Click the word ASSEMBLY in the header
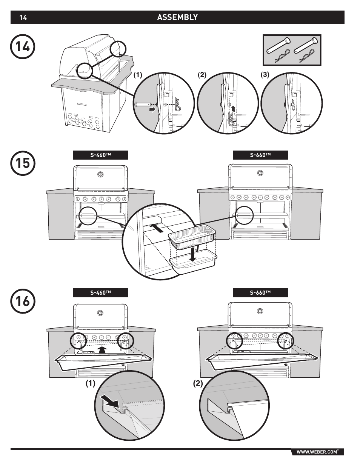click(177, 17)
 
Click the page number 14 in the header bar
click(23, 18)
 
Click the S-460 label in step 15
click(100, 155)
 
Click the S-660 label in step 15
click(260, 155)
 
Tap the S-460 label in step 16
click(100, 293)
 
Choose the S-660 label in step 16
click(260, 293)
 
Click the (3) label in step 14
click(265, 75)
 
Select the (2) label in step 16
click(198, 384)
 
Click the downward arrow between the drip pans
click(193, 254)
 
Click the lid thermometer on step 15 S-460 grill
click(100, 174)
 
